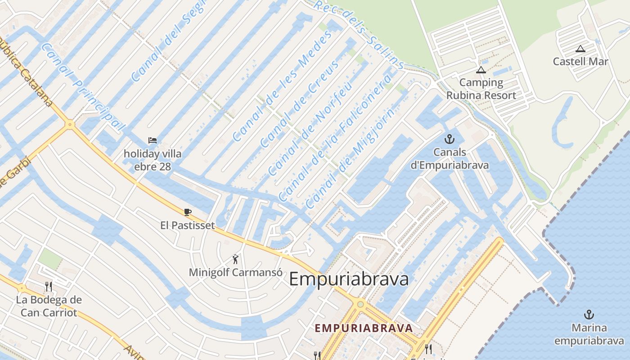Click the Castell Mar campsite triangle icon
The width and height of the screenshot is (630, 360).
tap(580, 49)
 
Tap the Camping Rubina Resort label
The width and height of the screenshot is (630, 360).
tap(481, 89)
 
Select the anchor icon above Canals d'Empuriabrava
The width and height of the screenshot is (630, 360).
tap(449, 139)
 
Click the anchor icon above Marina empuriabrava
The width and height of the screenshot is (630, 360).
tap(589, 315)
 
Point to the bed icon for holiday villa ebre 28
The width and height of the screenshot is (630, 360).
tap(153, 140)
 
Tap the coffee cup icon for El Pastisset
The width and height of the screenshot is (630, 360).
tap(188, 212)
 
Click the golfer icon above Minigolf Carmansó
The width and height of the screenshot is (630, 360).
tap(235, 259)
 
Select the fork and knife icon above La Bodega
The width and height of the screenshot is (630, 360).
tap(49, 286)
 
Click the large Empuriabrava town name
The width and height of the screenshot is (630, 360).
tap(349, 279)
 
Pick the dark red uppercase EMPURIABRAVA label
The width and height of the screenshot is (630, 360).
tap(364, 328)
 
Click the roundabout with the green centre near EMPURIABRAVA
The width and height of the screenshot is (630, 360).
tap(360, 305)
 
